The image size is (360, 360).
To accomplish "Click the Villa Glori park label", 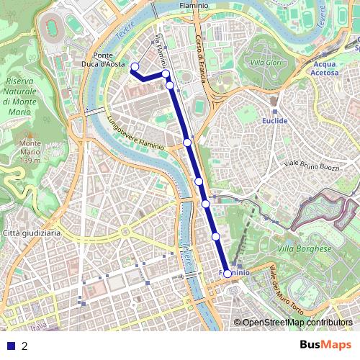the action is (266, 63).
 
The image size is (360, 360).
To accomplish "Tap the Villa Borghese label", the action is (305, 249).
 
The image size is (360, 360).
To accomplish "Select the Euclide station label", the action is (275, 121).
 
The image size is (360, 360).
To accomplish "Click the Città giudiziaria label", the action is (32, 234).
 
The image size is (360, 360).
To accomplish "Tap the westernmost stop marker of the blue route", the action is (133, 67).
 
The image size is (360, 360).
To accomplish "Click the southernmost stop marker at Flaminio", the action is (228, 274).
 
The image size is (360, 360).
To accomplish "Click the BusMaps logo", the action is (326, 345).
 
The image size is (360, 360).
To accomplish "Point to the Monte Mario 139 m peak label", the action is (30, 152).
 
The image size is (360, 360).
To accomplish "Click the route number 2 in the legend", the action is (24, 346).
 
